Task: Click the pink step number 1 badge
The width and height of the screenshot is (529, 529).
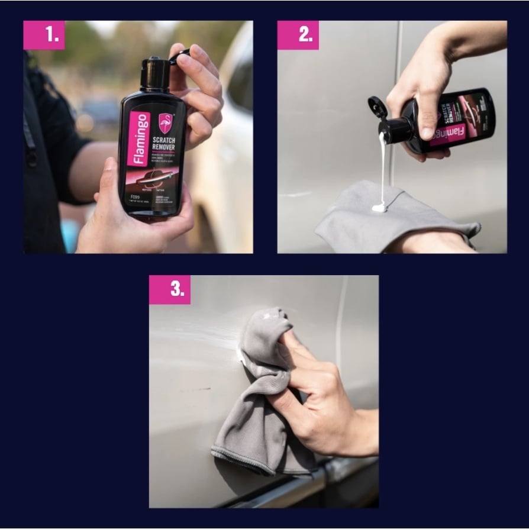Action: [x=44, y=35]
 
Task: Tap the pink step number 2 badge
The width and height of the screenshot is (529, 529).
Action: [x=298, y=35]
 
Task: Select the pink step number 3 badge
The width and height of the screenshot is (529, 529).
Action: [x=170, y=289]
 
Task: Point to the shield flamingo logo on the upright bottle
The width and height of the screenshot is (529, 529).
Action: [x=166, y=122]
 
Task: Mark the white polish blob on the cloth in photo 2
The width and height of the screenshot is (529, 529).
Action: [x=379, y=207]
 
